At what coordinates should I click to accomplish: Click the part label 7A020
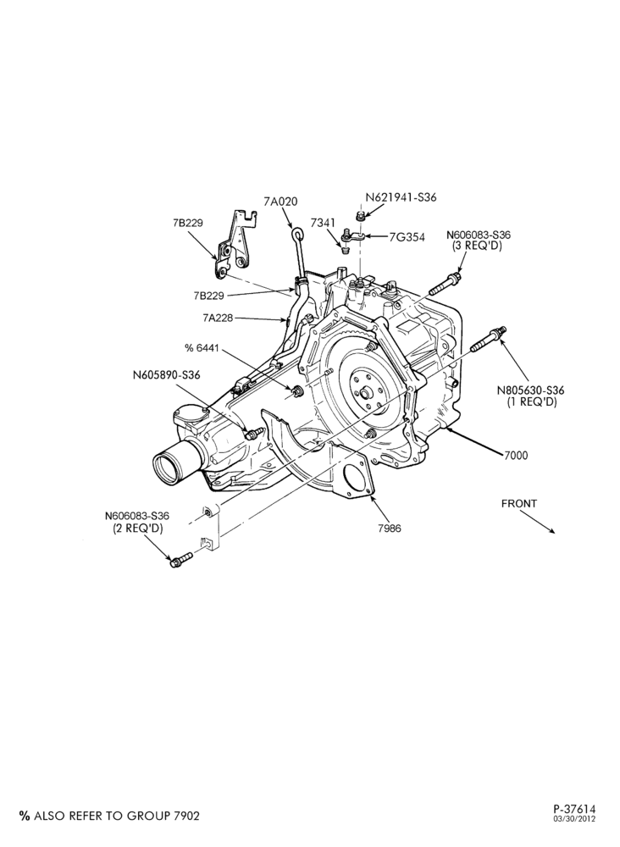(x=280, y=202)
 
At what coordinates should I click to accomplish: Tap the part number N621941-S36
(x=401, y=197)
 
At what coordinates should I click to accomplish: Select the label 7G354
(x=407, y=237)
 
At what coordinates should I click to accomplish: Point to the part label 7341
(x=323, y=223)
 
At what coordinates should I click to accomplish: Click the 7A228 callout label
(x=218, y=318)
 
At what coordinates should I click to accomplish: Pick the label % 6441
(x=202, y=348)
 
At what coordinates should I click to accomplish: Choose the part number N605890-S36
(x=166, y=374)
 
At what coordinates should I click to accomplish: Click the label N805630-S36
(x=531, y=390)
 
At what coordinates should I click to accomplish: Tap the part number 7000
(x=517, y=456)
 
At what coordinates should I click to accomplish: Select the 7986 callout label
(x=390, y=529)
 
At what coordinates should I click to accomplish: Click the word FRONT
(x=519, y=503)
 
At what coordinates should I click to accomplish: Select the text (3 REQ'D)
(x=478, y=246)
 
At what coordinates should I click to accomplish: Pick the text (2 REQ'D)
(x=137, y=528)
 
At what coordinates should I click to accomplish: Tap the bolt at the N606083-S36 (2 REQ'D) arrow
(x=180, y=560)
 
